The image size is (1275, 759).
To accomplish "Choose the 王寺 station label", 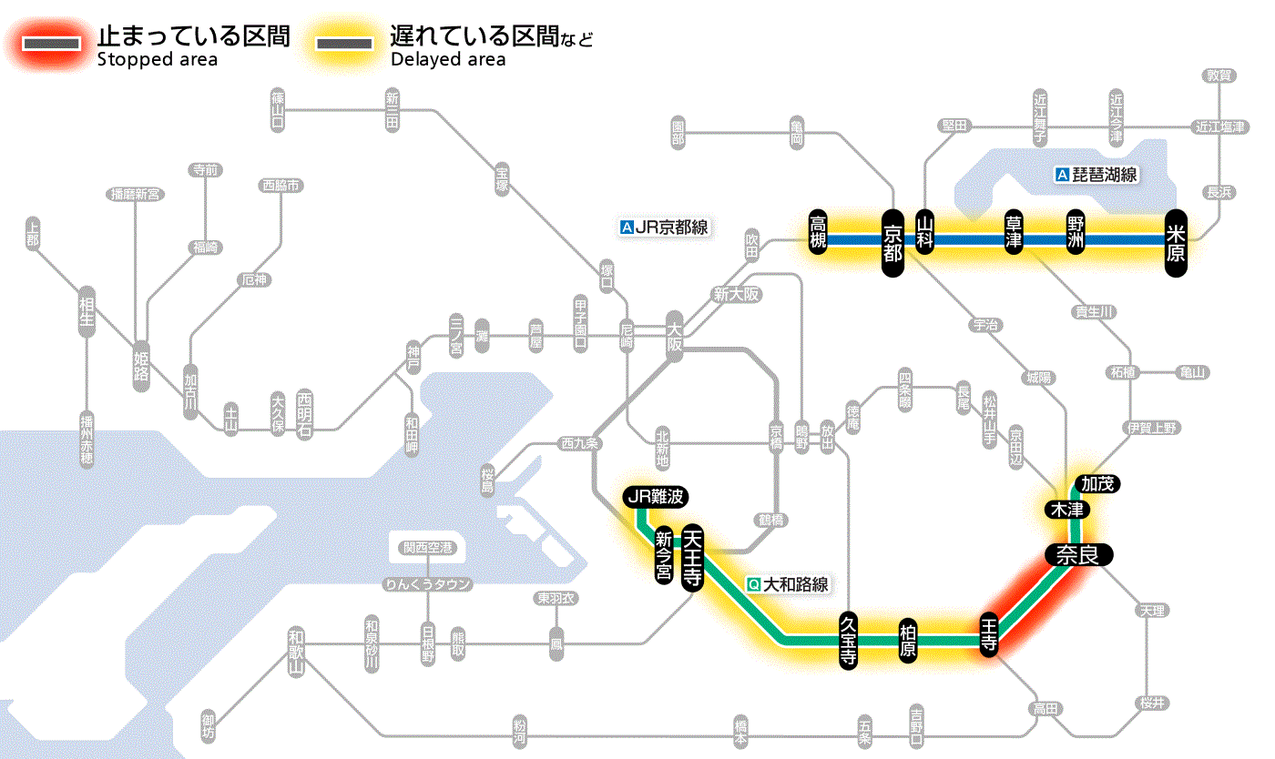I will [990, 633].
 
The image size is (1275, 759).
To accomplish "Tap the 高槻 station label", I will [819, 233].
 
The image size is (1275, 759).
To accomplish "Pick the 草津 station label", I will [1014, 233].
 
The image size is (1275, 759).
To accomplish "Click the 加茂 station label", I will [1096, 484].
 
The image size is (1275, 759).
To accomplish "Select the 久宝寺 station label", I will [848, 642].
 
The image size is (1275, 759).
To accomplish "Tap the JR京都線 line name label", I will [664, 228].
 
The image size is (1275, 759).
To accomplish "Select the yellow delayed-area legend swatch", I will [344, 43].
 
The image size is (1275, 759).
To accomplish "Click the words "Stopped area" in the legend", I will [157, 60].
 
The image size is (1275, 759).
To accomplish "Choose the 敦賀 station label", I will [1219, 76].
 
